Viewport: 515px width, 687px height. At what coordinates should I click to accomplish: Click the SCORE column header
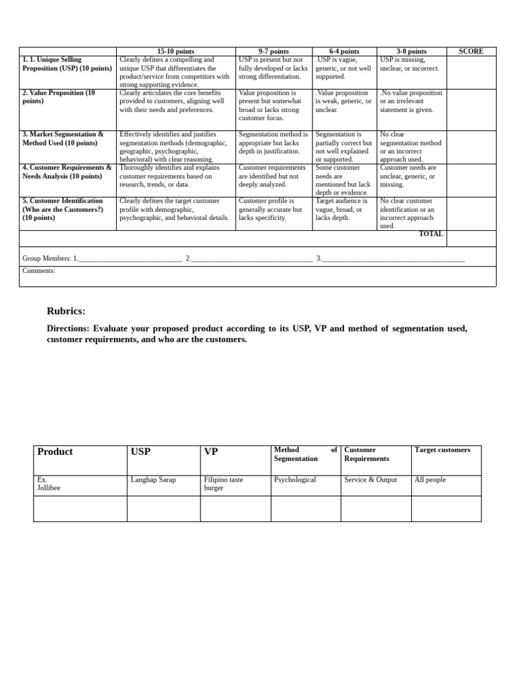pos(471,52)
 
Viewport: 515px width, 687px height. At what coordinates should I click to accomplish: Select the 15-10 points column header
pos(176,52)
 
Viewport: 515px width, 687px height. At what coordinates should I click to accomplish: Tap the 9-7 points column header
pos(274,52)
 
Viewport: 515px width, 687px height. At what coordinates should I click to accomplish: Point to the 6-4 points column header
pos(344,52)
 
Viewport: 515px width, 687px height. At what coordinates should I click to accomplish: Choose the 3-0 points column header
pos(411,52)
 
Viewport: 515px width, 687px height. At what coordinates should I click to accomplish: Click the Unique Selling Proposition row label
pos(66,64)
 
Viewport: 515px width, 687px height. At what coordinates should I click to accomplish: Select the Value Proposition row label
pos(59,97)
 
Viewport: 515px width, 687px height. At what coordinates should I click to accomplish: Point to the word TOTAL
pos(431,234)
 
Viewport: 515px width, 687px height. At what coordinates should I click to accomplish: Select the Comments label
pos(39,271)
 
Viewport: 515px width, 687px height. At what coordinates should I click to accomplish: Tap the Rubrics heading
pos(66,311)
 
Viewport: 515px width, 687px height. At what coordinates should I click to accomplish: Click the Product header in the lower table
pos(55,452)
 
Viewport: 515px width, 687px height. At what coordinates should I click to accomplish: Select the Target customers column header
pos(442,450)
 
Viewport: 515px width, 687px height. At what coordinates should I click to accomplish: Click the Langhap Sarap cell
pos(153,480)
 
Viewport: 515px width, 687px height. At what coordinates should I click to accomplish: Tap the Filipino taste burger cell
pos(223,484)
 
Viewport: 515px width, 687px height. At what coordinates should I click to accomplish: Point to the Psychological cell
pos(295,480)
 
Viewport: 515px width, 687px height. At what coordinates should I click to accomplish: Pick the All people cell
pos(430,480)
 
